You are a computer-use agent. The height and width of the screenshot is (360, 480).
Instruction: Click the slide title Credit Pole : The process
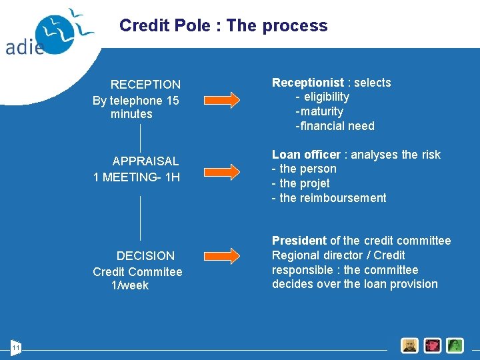(x=223, y=25)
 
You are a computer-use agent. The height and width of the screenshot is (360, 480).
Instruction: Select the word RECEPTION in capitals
(x=145, y=85)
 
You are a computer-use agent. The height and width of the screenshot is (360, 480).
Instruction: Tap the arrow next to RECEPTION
(x=221, y=100)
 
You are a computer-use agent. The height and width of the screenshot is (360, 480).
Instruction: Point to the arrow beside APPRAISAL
(x=221, y=171)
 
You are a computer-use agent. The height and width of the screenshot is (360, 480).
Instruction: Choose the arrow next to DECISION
(x=221, y=255)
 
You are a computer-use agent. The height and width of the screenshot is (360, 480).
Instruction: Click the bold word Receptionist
(x=307, y=83)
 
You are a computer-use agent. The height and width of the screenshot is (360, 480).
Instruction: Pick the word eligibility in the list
(x=327, y=97)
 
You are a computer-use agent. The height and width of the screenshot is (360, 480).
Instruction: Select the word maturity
(x=322, y=111)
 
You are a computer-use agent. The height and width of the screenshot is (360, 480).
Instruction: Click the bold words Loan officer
(x=306, y=155)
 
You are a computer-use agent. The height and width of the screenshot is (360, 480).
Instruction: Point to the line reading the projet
(x=305, y=183)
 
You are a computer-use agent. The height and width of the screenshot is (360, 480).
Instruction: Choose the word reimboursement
(x=343, y=198)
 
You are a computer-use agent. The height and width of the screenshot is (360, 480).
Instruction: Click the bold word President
(x=299, y=241)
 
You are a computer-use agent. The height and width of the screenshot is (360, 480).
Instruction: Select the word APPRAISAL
(x=145, y=161)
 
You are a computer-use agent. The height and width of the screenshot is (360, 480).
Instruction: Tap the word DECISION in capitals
(x=145, y=256)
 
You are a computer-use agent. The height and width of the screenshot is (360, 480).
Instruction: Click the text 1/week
(x=131, y=285)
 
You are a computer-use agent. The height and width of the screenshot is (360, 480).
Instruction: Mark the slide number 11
(x=16, y=347)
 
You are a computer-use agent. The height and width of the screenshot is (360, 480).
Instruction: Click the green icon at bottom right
(x=455, y=345)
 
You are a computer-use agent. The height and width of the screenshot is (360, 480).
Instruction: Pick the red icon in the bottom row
(x=433, y=345)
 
